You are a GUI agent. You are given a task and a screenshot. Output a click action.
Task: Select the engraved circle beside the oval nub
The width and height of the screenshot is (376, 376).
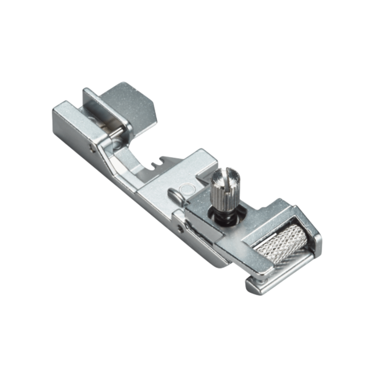tap(187, 189)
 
